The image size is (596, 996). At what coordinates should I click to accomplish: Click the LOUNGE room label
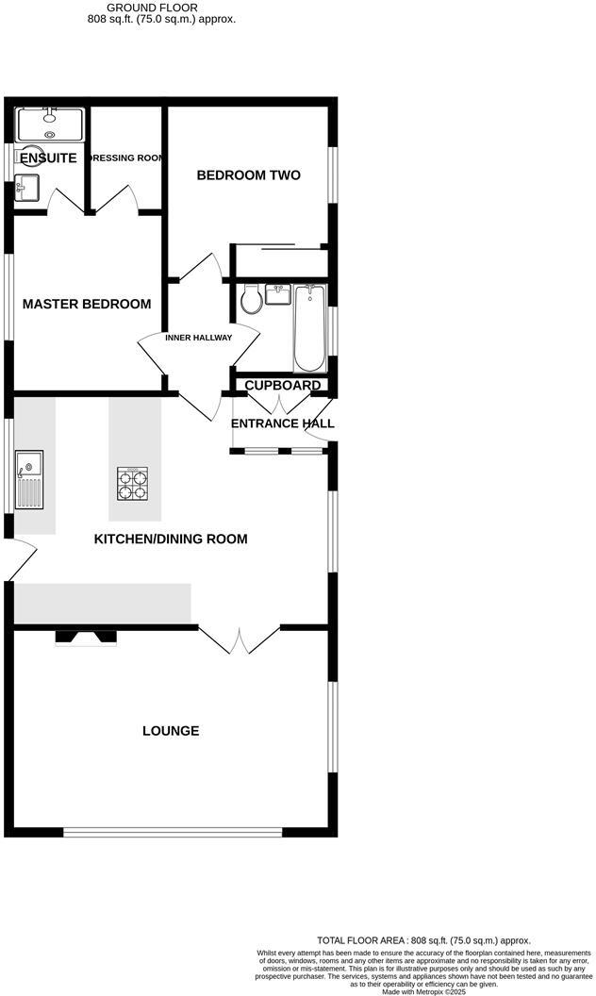click(171, 731)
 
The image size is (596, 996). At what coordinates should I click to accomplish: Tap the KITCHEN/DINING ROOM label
click(171, 539)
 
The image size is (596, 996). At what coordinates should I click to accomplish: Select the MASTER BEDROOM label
click(87, 304)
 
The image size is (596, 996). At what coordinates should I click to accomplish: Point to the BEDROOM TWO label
click(248, 175)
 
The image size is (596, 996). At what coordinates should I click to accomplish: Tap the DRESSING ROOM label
click(125, 158)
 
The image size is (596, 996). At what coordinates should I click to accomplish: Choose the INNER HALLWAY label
click(198, 338)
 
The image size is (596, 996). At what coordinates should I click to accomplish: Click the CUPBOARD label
click(283, 385)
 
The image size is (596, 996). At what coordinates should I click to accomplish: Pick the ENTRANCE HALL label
click(283, 423)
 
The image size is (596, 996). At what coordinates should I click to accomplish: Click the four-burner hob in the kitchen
click(132, 485)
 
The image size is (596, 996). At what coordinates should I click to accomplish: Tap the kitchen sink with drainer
click(28, 481)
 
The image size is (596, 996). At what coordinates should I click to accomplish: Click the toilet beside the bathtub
click(251, 300)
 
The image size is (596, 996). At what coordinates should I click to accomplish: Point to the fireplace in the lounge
click(87, 639)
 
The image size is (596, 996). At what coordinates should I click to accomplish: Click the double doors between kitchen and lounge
click(240, 639)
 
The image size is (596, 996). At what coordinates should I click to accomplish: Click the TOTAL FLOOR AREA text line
click(423, 940)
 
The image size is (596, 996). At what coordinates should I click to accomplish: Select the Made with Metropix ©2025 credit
click(423, 991)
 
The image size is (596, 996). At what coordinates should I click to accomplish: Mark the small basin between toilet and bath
click(279, 295)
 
